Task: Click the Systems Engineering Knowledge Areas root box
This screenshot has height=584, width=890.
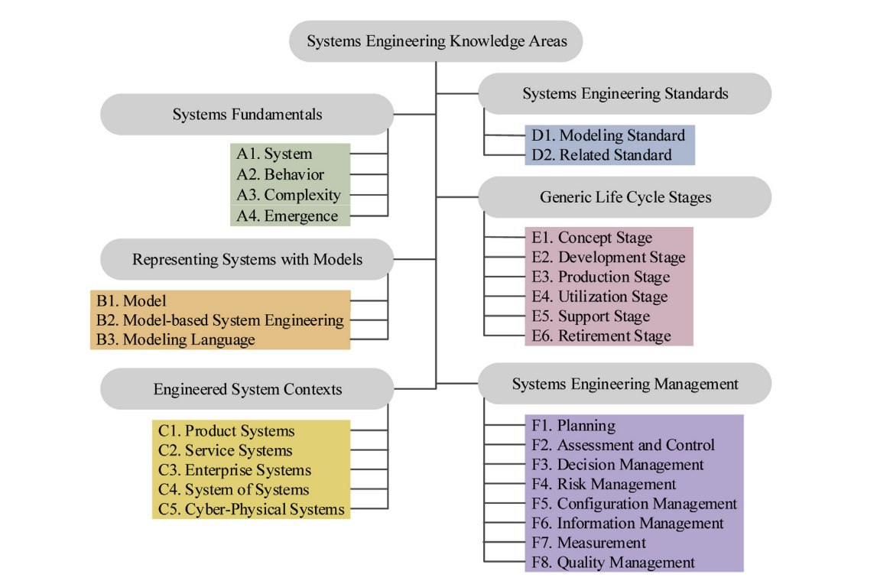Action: coord(436,41)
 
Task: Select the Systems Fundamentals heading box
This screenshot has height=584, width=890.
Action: coord(247,115)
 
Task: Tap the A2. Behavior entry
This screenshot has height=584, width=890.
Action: coord(280,174)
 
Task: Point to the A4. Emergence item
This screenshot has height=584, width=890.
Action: coord(287,216)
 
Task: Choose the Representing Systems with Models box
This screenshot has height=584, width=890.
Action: coord(247,259)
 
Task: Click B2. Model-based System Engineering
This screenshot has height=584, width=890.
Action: coord(219,320)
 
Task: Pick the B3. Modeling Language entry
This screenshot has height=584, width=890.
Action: coord(175,339)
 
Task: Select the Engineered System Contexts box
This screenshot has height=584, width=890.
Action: coord(247,389)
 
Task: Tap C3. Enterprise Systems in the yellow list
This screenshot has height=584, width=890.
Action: coord(235,470)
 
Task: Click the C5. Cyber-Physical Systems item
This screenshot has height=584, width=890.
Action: coord(251,509)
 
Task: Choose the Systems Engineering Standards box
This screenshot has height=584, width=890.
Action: coord(625,94)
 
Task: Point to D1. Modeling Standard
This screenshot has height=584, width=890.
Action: coord(608,135)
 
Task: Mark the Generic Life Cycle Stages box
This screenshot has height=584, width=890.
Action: coord(625,197)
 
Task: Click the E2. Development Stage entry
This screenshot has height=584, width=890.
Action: coord(609,257)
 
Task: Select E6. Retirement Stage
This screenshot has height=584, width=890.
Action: coord(601,336)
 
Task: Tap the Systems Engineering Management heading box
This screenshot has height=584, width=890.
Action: coord(625,384)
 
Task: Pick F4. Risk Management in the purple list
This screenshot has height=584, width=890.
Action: coord(603,484)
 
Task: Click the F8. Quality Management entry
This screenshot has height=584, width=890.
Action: coord(613,563)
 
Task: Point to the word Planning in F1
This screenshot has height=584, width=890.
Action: coord(586,426)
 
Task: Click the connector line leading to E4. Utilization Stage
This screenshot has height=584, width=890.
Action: coord(505,297)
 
